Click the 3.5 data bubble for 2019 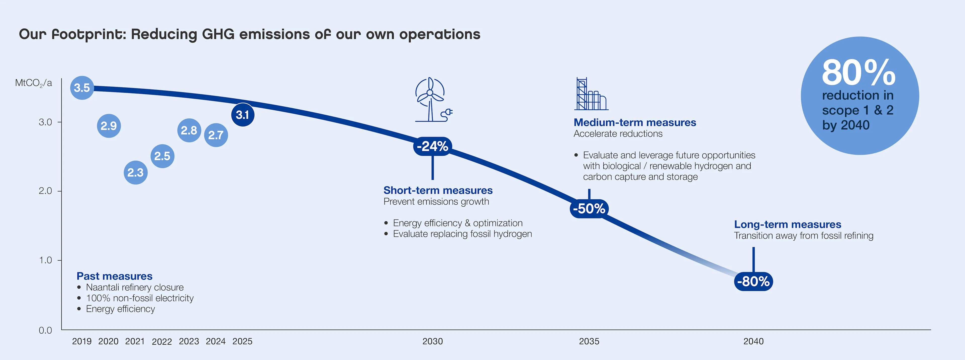click(x=82, y=88)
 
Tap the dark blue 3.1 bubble click(x=242, y=115)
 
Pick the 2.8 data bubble click(x=189, y=130)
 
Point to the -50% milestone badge click(x=589, y=208)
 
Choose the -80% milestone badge click(x=753, y=281)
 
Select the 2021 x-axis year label click(x=135, y=341)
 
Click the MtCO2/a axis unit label click(x=33, y=83)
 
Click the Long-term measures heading click(x=787, y=224)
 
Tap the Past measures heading click(x=114, y=276)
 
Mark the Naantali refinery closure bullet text click(x=135, y=287)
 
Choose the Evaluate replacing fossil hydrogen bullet click(x=462, y=234)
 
